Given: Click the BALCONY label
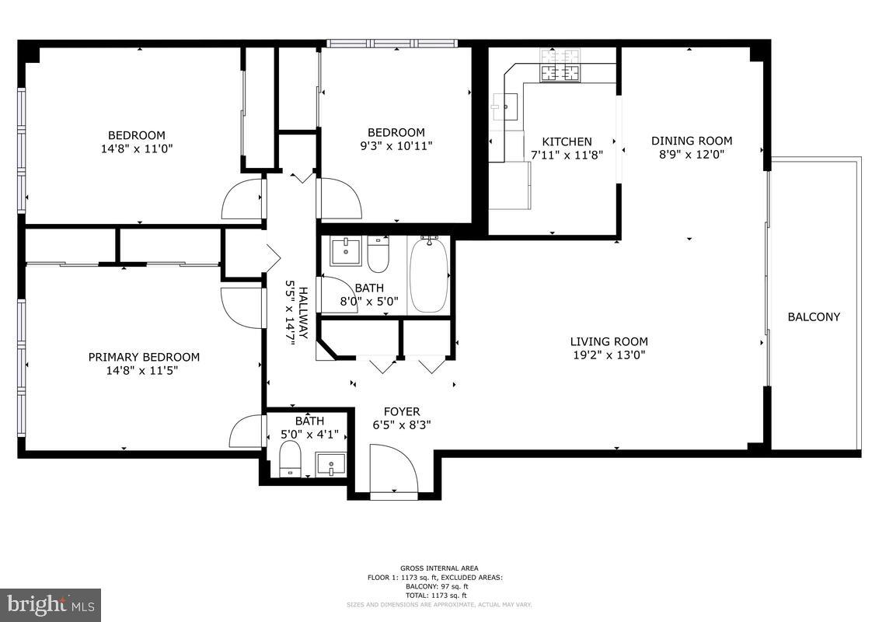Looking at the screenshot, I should pyautogui.click(x=814, y=317).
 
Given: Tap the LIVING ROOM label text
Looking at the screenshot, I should pyautogui.click(x=609, y=341).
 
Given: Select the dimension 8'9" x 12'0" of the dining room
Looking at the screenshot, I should pyautogui.click(x=692, y=154).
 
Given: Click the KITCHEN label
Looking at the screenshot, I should pyautogui.click(x=567, y=142).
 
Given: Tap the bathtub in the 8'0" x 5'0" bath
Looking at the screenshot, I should pyautogui.click(x=429, y=275).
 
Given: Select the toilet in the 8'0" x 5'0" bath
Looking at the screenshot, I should pyautogui.click(x=378, y=254).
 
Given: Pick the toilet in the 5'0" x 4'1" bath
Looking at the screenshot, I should pyautogui.click(x=290, y=459).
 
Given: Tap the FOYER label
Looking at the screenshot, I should pyautogui.click(x=402, y=411).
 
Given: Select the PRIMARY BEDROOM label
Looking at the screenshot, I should pyautogui.click(x=144, y=357).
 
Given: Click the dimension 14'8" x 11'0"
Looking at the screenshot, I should pyautogui.click(x=136, y=148).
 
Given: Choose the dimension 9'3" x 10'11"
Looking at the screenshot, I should pyautogui.click(x=396, y=145).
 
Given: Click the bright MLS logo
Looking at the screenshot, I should pyautogui.click(x=51, y=604).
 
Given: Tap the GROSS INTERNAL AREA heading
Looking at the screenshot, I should pyautogui.click(x=439, y=568).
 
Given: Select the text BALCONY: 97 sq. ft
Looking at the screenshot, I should pyautogui.click(x=439, y=586).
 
